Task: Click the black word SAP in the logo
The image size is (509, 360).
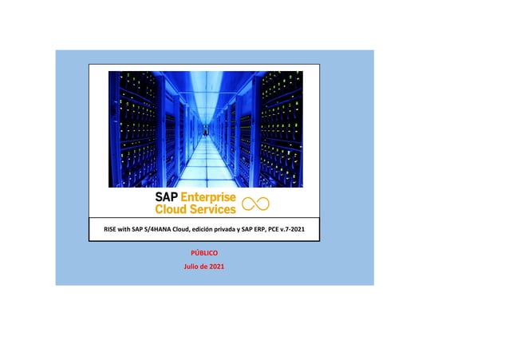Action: tap(168, 197)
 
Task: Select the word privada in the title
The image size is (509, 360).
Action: tap(239, 230)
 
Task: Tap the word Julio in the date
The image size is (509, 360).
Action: tap(192, 266)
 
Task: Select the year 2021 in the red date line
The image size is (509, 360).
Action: tap(216, 266)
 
